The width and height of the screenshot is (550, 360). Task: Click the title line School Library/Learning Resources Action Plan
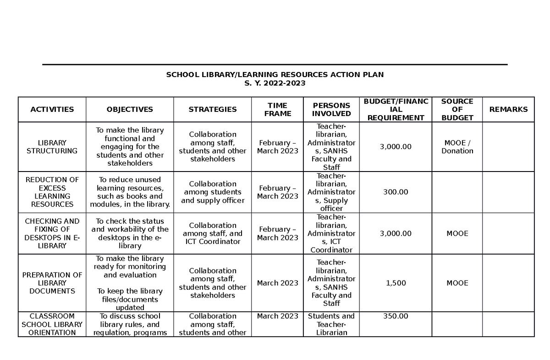click(x=275, y=74)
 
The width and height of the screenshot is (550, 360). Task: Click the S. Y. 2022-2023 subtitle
click(x=275, y=83)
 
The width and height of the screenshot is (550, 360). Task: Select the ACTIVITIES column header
click(x=52, y=109)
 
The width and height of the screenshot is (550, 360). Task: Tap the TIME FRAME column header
click(x=277, y=109)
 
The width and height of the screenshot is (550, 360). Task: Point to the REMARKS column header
click(x=508, y=109)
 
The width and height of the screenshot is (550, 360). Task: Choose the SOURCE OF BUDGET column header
click(x=457, y=109)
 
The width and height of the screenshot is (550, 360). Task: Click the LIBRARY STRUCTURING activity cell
click(x=52, y=147)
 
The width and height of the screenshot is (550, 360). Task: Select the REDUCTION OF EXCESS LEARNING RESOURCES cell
click(x=52, y=192)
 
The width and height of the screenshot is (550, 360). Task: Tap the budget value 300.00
click(x=396, y=192)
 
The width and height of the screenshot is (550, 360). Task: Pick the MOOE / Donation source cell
click(x=457, y=147)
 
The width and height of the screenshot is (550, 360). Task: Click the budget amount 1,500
click(x=396, y=283)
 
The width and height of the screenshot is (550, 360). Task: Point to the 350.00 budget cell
click(x=396, y=316)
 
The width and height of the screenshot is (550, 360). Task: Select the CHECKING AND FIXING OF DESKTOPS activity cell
click(x=52, y=233)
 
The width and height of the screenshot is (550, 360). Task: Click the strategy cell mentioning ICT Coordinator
click(x=213, y=233)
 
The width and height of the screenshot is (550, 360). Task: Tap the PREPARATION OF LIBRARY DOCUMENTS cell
click(x=52, y=283)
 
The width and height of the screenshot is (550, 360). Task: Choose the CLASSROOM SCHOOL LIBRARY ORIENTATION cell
click(x=52, y=324)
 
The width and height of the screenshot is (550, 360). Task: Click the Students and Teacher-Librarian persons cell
click(x=331, y=324)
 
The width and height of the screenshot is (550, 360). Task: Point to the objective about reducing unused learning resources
click(x=130, y=192)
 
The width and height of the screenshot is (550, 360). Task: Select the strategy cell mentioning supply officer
click(x=213, y=192)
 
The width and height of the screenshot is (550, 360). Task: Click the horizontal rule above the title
click(x=275, y=65)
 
